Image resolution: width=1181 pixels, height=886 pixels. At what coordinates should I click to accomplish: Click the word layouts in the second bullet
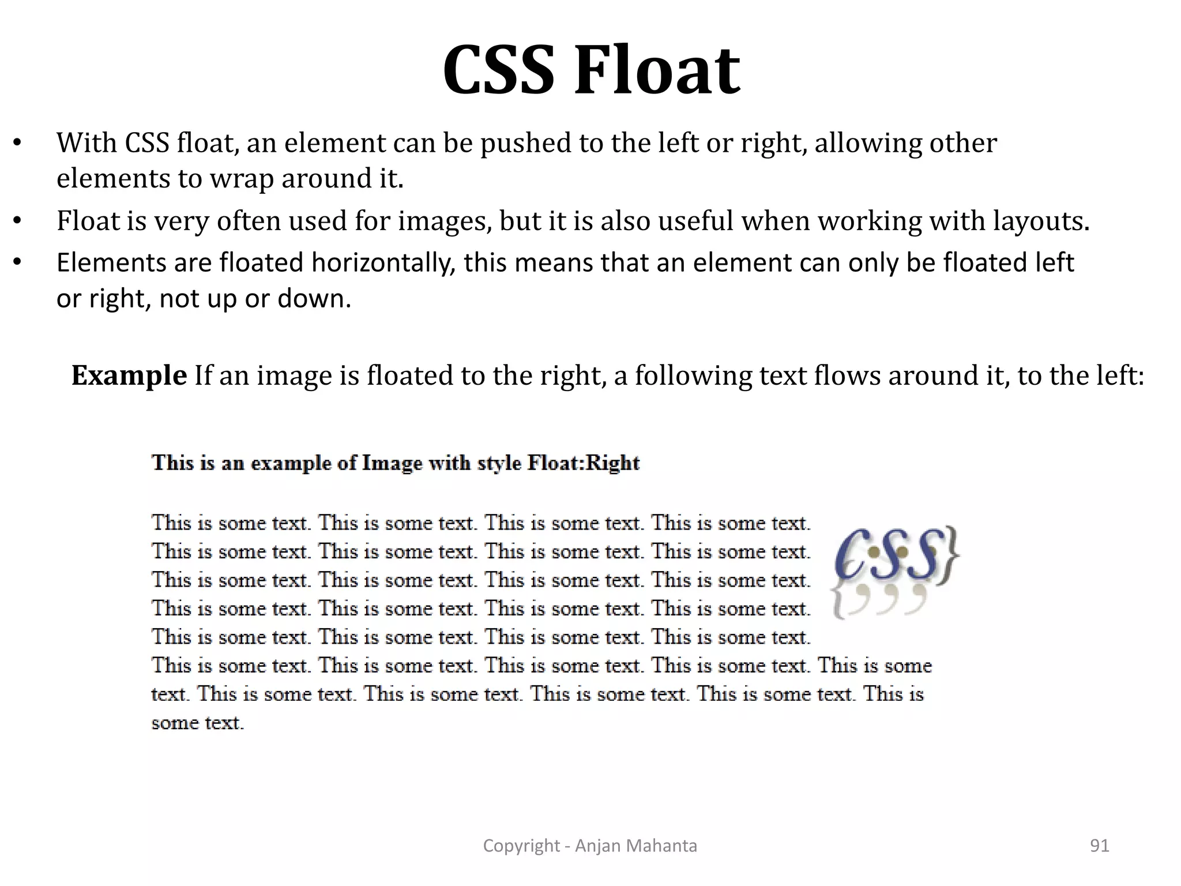[1040, 221]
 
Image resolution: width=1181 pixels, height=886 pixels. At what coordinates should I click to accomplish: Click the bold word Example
[129, 376]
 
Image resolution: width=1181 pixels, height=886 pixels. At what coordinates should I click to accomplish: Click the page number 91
[1099, 846]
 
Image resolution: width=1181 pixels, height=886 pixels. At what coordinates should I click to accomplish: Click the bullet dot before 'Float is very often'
[17, 221]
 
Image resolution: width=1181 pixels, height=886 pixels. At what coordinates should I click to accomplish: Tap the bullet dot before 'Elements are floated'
[17, 264]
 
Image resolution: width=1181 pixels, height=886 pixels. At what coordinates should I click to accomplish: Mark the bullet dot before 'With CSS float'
[17, 144]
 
